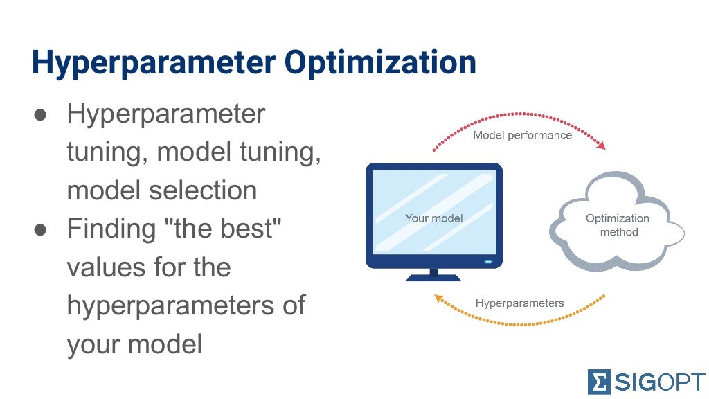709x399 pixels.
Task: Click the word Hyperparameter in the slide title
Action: click(x=152, y=63)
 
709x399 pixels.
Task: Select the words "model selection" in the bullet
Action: click(x=161, y=190)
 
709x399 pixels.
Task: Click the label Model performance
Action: click(x=522, y=135)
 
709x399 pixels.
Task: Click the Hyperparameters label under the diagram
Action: click(x=519, y=303)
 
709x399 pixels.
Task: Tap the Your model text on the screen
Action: click(x=433, y=218)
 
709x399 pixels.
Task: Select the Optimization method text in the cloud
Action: click(x=618, y=225)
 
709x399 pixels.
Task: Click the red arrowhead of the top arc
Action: click(x=601, y=145)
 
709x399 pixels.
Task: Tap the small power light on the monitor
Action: click(x=488, y=262)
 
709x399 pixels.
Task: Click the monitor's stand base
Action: click(x=433, y=277)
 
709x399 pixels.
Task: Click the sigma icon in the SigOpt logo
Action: click(x=598, y=382)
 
